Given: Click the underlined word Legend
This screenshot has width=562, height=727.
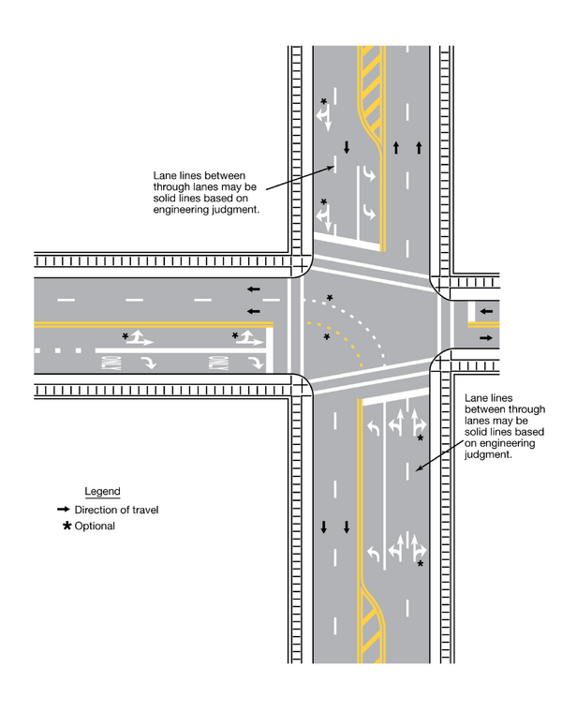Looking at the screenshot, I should click(102, 492).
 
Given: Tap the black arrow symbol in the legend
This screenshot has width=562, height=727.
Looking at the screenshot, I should click(63, 510).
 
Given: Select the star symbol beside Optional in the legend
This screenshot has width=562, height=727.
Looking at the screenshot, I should click(66, 527).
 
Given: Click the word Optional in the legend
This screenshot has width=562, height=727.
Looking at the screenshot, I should click(95, 527).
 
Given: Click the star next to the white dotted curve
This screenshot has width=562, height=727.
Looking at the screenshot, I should click(329, 299).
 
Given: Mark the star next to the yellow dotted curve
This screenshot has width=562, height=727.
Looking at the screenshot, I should click(326, 336).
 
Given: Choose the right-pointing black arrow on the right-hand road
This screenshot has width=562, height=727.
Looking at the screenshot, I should click(484, 337).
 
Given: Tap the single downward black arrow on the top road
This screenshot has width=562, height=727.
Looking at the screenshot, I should click(347, 147).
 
